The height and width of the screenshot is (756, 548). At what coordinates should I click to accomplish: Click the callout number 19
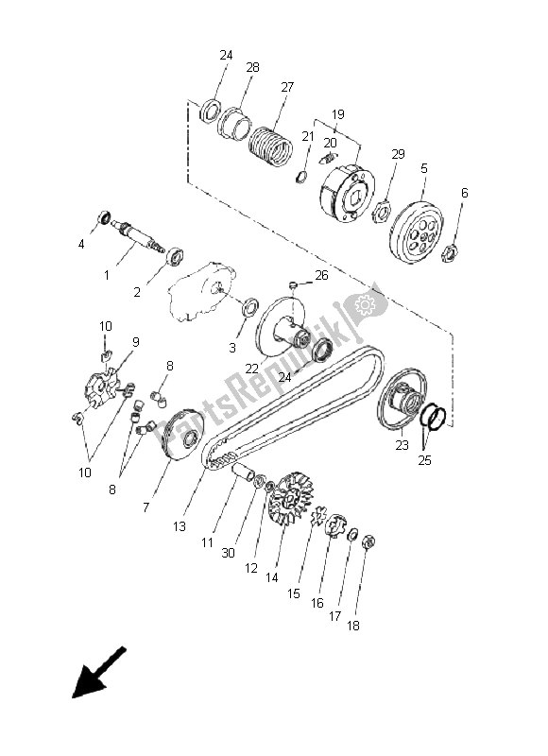click(337, 114)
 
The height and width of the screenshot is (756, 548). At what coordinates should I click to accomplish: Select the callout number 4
click(82, 244)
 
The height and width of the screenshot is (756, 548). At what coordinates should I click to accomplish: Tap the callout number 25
click(424, 462)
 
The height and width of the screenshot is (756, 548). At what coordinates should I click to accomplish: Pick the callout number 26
click(321, 275)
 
